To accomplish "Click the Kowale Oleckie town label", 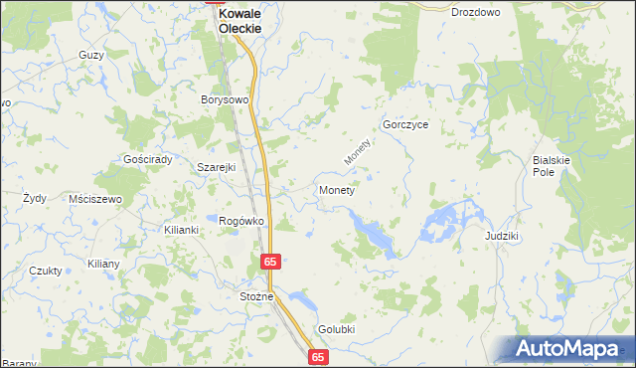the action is (240, 21).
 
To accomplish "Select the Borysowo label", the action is (224, 100).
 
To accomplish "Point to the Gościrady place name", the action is (148, 160).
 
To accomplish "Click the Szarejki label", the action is (216, 167).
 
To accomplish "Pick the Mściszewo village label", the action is (95, 199).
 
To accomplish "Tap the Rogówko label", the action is (240, 221).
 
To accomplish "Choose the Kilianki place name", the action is (182, 230).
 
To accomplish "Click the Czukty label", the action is (46, 271).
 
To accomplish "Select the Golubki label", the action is (337, 329).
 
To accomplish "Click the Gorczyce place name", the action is (404, 126).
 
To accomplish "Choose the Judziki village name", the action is (503, 237).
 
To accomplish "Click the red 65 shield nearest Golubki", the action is (318, 356).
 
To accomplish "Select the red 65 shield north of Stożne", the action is (271, 261).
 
